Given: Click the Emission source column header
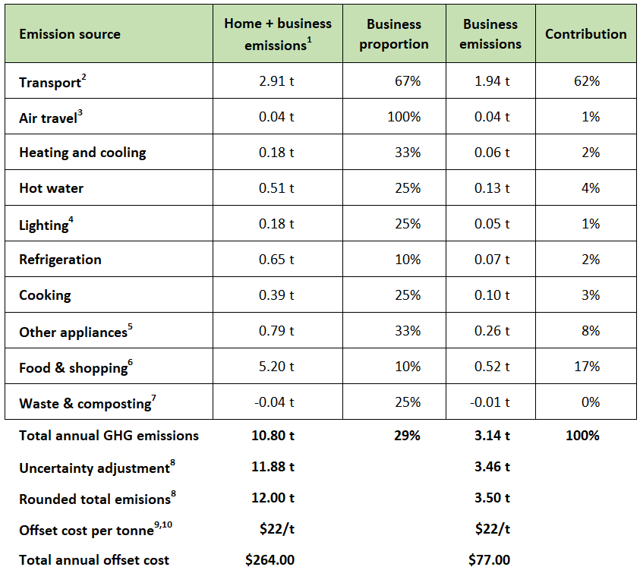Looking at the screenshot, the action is (70, 34).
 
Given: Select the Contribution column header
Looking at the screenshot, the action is (585, 34).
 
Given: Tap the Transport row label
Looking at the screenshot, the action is (52, 81).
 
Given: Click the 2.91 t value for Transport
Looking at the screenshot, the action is (276, 80).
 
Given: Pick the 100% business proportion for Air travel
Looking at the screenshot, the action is (404, 117).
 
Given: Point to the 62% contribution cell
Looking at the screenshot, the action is (587, 80).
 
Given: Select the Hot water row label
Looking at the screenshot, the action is (52, 187).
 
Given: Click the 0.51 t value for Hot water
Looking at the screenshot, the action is (276, 187).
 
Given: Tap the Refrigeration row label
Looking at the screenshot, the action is (61, 260).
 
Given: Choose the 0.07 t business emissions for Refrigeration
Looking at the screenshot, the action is (492, 260).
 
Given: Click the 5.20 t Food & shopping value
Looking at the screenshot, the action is (276, 366).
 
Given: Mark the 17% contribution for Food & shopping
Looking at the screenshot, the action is (587, 366).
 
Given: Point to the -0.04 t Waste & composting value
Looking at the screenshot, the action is (274, 402).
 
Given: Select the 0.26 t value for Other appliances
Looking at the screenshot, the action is (492, 331).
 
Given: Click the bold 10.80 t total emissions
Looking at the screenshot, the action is (273, 436).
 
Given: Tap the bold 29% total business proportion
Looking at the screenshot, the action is (407, 436).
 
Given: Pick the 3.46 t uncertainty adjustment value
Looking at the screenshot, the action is (492, 467).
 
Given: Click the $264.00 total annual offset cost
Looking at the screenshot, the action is (270, 559).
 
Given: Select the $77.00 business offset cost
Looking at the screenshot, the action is (489, 559).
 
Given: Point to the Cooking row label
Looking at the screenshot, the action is (45, 295).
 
